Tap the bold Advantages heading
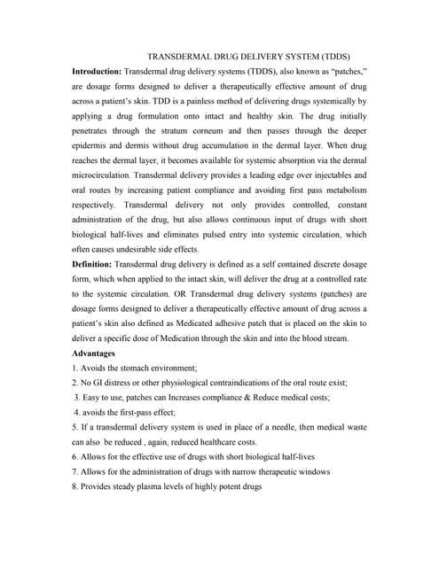click(x=94, y=353)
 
